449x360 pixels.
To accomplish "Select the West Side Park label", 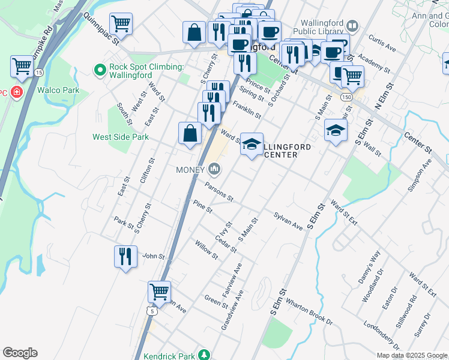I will (120, 137).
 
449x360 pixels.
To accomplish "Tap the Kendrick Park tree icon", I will (205, 355).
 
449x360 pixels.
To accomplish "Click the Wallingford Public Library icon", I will (352, 26).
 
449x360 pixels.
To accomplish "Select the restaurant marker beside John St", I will (125, 256).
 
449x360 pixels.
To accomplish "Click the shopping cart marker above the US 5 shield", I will (159, 292).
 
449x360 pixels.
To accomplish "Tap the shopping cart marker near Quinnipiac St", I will (121, 23).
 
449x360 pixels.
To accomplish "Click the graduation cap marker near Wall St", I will (336, 130).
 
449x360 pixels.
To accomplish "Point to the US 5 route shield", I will (152, 311).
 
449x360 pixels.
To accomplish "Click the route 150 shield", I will (346, 96).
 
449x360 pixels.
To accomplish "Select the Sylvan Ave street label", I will (288, 221).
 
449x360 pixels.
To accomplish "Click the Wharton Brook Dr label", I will (309, 310).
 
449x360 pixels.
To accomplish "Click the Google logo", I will (20, 353).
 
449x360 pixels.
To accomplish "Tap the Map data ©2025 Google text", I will (412, 355).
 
